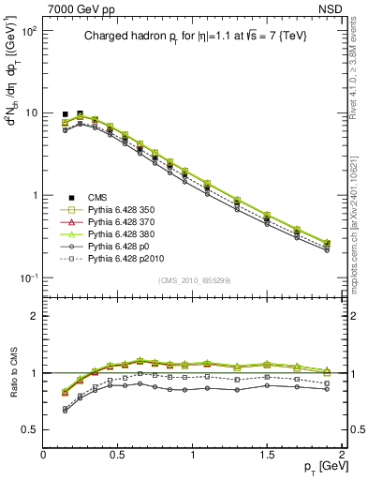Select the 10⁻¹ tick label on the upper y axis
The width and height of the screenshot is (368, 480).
[28, 278]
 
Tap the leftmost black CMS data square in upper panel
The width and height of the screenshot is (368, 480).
[66, 114]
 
